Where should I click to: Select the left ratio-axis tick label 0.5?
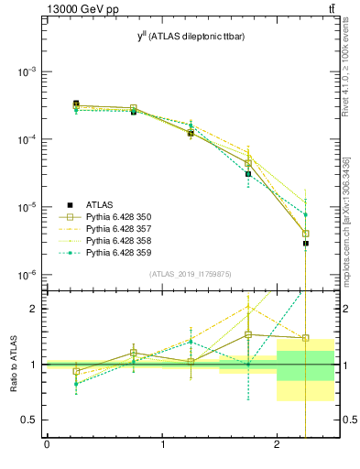point(30,420)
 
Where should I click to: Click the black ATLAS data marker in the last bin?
point(306,244)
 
